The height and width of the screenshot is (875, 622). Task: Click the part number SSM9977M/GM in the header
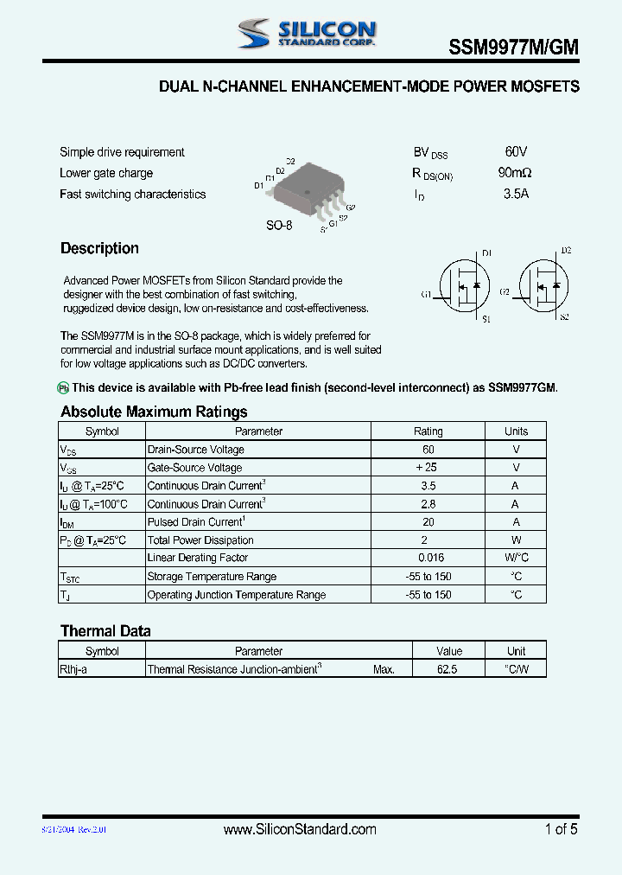tap(513, 49)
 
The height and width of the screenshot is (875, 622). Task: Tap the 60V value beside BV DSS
tap(516, 151)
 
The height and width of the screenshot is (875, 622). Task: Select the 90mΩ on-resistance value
tap(516, 173)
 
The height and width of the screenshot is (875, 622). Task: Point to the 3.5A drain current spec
tap(516, 194)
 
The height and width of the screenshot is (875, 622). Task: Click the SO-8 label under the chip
tap(279, 225)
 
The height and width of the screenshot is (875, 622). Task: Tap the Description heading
tap(99, 249)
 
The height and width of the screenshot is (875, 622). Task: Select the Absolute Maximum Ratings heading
tap(154, 412)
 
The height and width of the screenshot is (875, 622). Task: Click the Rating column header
tap(428, 431)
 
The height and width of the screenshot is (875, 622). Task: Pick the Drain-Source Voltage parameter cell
tap(196, 450)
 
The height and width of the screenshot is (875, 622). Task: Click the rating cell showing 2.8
tap(428, 504)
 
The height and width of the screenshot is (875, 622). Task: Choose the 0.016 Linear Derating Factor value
tap(429, 558)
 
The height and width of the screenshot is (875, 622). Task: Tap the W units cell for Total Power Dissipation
tap(516, 540)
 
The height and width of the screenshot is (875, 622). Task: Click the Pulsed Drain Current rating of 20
tap(428, 522)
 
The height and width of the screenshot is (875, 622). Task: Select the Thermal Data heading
tap(105, 631)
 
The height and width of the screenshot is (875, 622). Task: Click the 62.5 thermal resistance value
tap(448, 669)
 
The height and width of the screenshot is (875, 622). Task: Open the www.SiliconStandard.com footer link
tap(300, 829)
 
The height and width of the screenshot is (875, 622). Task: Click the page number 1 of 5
tap(561, 829)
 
